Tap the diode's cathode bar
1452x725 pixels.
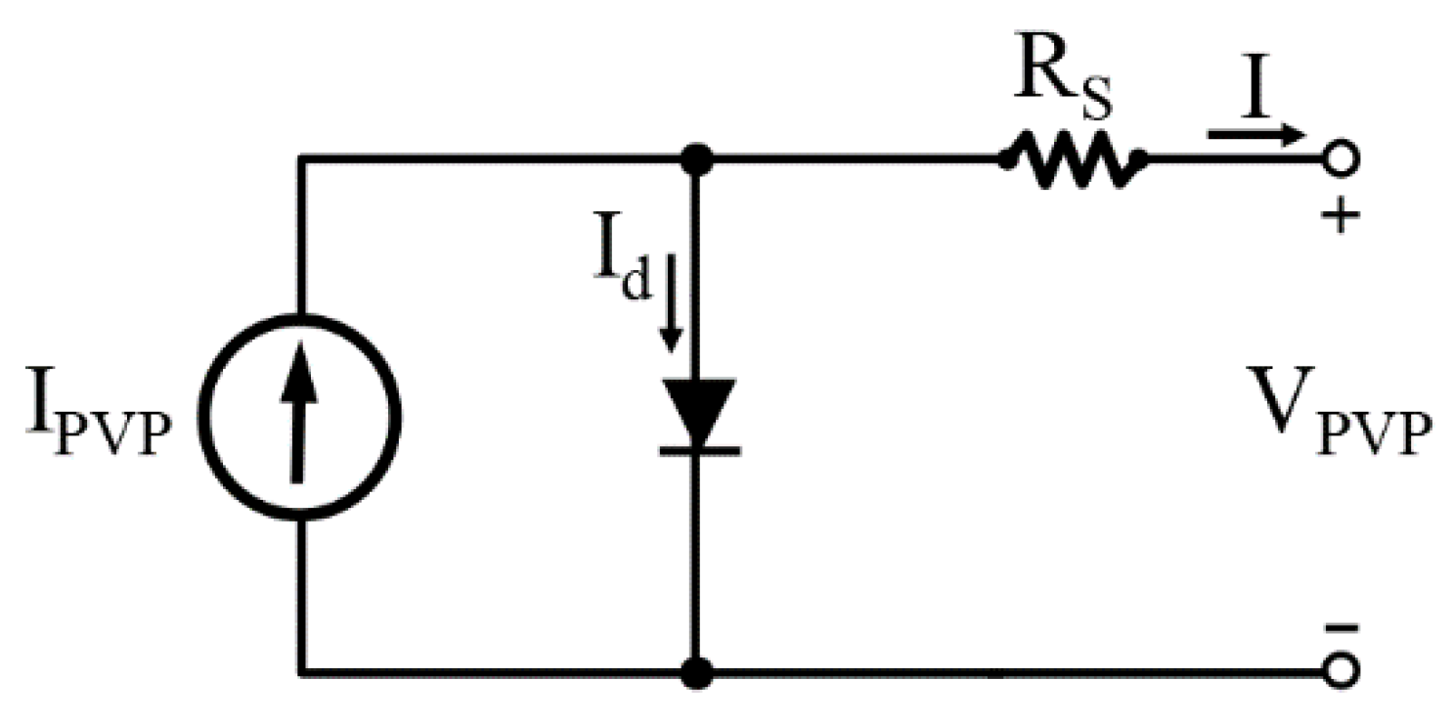[695, 450]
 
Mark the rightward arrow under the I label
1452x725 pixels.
[1256, 135]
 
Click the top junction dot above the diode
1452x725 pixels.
[695, 157]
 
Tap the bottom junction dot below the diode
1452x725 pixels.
[695, 673]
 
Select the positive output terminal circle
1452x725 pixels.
[1340, 157]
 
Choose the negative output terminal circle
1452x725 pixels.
[1340, 673]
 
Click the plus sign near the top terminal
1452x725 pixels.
[1340, 214]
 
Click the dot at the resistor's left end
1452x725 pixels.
[1005, 158]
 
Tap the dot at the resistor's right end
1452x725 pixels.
[1138, 158]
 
